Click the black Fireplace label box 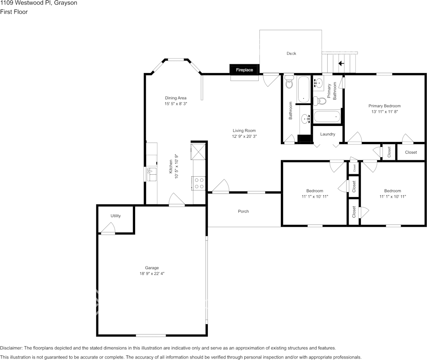click(x=244, y=69)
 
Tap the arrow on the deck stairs click(x=341, y=64)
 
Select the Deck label click(x=291, y=53)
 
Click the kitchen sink click(x=152, y=174)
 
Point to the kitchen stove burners click(x=199, y=183)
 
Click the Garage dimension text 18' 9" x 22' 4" click(x=152, y=274)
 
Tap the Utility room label click(x=115, y=216)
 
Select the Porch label click(x=243, y=211)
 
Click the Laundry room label click(x=328, y=134)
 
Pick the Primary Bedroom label click(x=384, y=106)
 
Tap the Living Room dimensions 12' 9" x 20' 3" click(x=244, y=137)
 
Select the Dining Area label click(x=176, y=98)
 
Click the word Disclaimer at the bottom click(x=11, y=348)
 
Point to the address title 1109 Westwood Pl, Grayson click(x=39, y=3)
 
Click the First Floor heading click(x=14, y=12)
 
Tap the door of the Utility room click(x=108, y=229)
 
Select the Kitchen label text click(x=171, y=166)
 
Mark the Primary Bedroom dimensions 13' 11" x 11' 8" click(x=384, y=112)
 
